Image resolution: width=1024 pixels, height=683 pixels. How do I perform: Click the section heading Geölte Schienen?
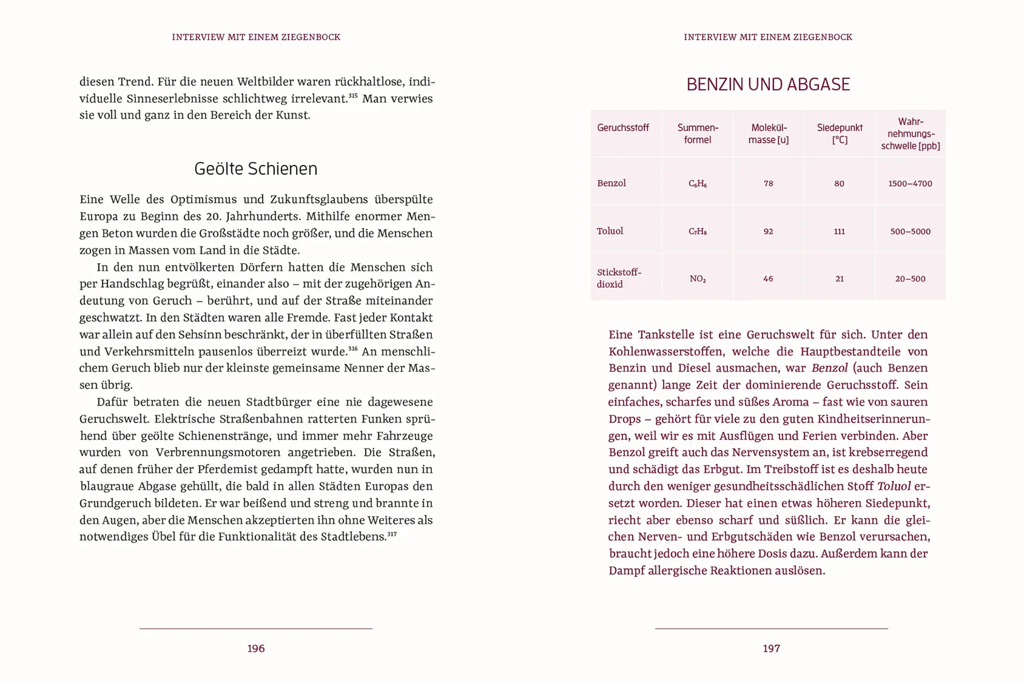pyautogui.click(x=256, y=169)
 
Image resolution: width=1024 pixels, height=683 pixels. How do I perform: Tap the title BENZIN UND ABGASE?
pyautogui.click(x=768, y=84)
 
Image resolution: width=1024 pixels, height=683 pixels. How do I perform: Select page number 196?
pyautogui.click(x=256, y=648)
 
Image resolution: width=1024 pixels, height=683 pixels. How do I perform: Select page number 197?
pyautogui.click(x=771, y=648)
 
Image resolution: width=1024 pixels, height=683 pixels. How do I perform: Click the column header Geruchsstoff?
pyautogui.click(x=622, y=128)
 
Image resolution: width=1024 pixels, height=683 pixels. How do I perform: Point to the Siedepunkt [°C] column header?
pyautogui.click(x=839, y=133)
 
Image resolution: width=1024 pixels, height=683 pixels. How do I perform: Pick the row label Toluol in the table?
pyautogui.click(x=610, y=231)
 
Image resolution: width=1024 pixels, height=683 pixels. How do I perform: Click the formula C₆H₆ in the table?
pyautogui.click(x=697, y=183)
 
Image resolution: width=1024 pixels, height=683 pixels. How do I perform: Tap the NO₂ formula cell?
pyautogui.click(x=697, y=279)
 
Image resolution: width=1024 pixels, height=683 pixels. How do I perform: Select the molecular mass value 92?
pyautogui.click(x=768, y=231)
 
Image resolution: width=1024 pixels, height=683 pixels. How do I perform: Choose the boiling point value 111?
pyautogui.click(x=839, y=231)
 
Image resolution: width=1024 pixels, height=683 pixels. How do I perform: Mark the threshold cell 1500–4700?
pyautogui.click(x=910, y=183)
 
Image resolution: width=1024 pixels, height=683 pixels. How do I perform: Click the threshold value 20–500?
pyautogui.click(x=910, y=279)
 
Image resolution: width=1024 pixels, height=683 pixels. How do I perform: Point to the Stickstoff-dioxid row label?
pyautogui.click(x=619, y=278)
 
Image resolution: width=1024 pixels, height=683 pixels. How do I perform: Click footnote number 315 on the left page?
pyautogui.click(x=353, y=95)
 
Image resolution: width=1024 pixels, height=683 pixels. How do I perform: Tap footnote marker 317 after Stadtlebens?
pyautogui.click(x=392, y=534)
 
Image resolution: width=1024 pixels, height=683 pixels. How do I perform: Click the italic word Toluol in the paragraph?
pyautogui.click(x=894, y=486)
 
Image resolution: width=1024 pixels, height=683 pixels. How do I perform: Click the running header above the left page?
pyautogui.click(x=256, y=37)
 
